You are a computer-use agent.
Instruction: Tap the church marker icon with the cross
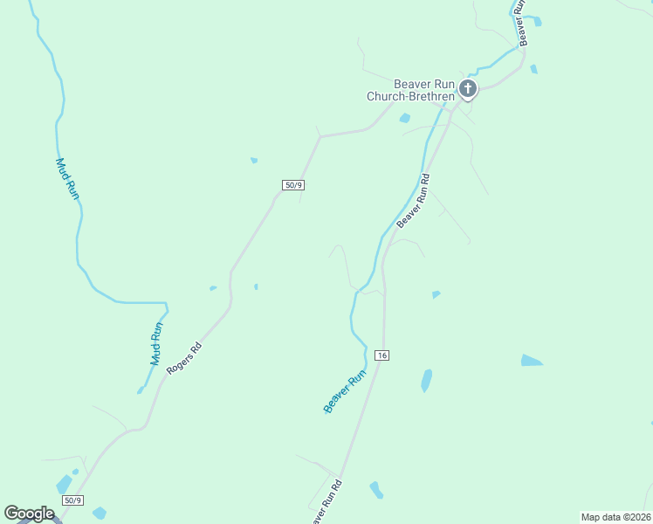click(x=468, y=88)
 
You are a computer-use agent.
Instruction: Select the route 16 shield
click(x=381, y=355)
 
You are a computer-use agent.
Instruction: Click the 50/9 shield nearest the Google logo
click(x=72, y=500)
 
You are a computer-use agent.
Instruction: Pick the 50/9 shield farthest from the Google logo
click(x=293, y=185)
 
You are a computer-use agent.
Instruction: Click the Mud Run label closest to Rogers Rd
click(x=156, y=344)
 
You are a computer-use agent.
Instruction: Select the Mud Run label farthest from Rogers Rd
click(x=67, y=179)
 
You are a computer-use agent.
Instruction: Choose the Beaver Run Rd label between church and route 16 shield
click(x=414, y=201)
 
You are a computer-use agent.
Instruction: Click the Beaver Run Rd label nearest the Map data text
click(x=325, y=501)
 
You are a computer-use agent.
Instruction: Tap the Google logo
click(x=29, y=514)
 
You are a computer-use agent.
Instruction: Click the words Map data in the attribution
click(x=600, y=516)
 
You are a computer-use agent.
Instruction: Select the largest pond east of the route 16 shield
click(x=532, y=360)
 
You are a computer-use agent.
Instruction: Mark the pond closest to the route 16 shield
click(x=426, y=380)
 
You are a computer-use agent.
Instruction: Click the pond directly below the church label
click(x=404, y=118)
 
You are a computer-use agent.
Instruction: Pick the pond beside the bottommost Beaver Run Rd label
click(x=376, y=490)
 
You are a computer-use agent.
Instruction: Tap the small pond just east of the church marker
click(x=533, y=68)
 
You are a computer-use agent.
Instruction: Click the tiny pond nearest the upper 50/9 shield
click(x=254, y=160)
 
